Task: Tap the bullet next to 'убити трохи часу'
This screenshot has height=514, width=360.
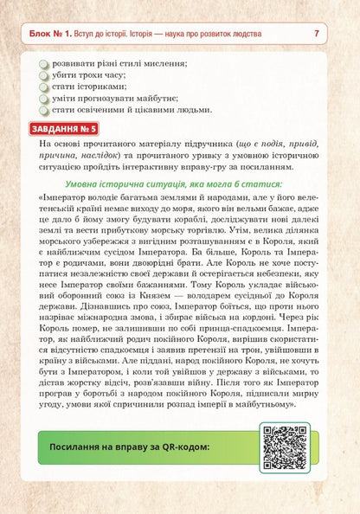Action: (x=44, y=76)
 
